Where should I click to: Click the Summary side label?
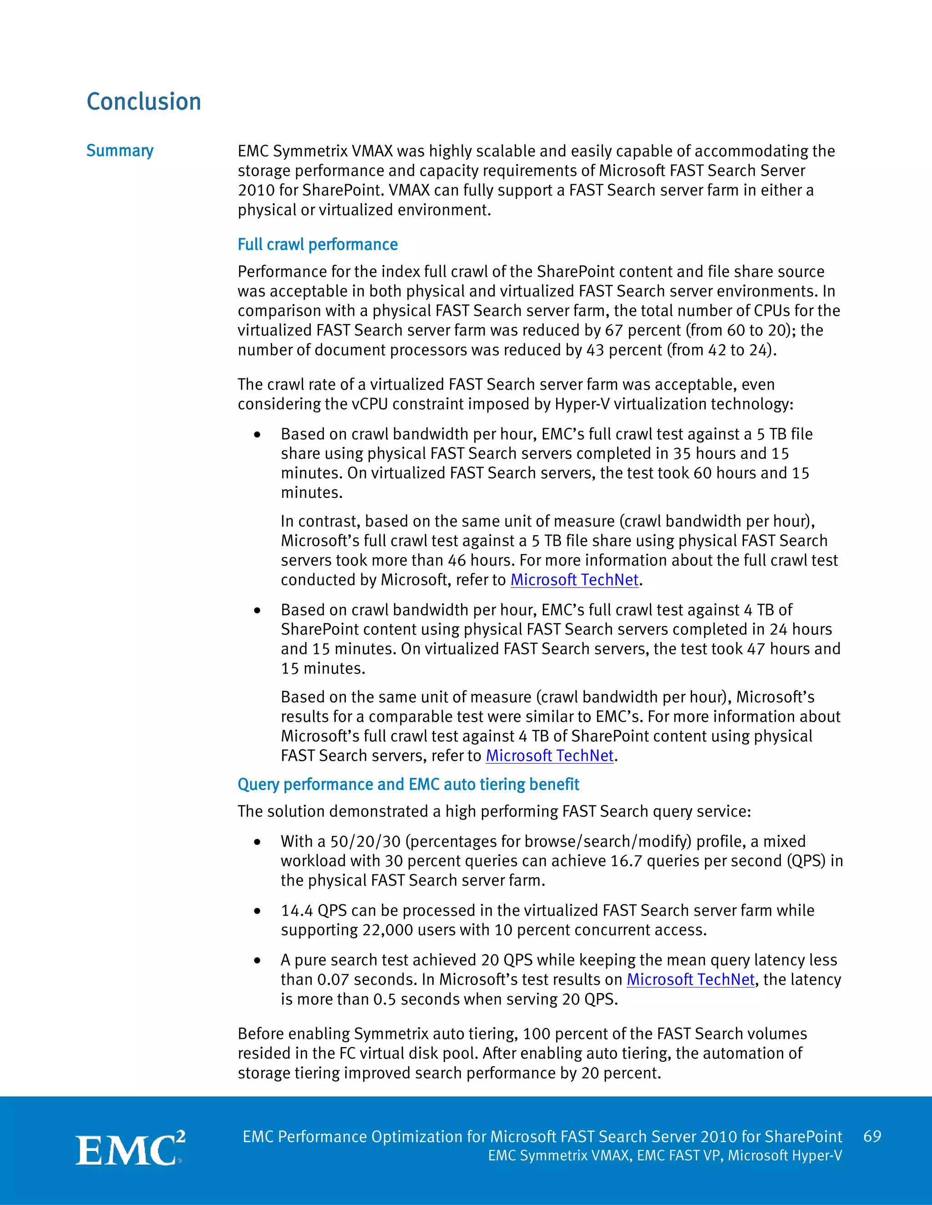[x=120, y=151]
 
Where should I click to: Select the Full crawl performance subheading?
[x=318, y=245]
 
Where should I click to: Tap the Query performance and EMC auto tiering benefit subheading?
[x=408, y=784]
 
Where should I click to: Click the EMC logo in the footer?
[x=130, y=1149]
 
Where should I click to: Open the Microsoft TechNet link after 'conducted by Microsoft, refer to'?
[x=574, y=580]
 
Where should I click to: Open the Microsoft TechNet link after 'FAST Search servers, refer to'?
[x=549, y=755]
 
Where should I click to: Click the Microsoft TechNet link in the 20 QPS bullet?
[x=690, y=979]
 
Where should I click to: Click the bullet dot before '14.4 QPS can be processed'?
[x=257, y=911]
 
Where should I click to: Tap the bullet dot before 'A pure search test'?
[x=257, y=960]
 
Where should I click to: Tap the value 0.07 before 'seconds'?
[x=333, y=980]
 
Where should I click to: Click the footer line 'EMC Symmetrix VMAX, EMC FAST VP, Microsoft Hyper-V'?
[x=665, y=1155]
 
